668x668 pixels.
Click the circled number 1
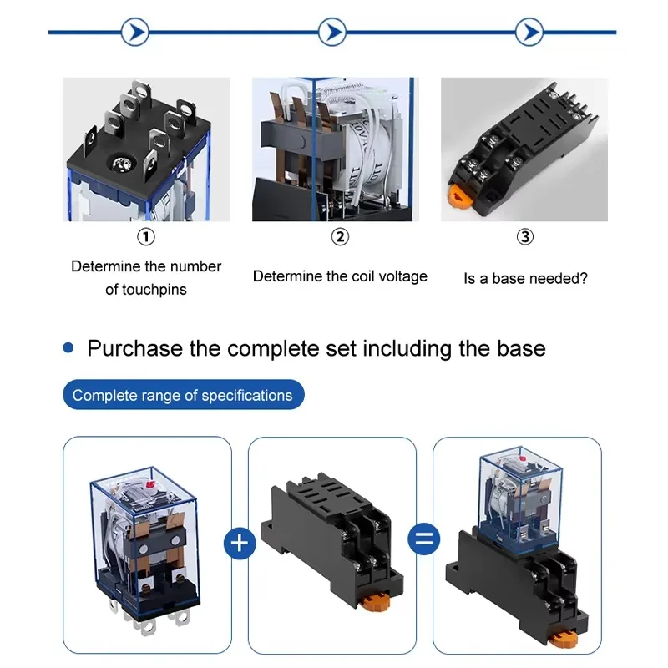tap(146, 237)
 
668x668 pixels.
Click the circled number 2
tap(340, 237)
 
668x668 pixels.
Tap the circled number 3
tap(525, 237)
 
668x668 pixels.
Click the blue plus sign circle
tap(240, 544)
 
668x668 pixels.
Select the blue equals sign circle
tap(424, 539)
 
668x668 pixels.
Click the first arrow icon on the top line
tap(135, 32)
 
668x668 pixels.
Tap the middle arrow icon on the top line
tap(332, 32)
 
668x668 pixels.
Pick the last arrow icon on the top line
tap(529, 32)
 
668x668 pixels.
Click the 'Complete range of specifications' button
tap(184, 395)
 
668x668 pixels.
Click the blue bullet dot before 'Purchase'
tap(68, 347)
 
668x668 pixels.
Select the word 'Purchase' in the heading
tap(135, 348)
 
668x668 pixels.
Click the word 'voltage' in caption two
tap(403, 276)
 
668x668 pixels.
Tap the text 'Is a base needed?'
tap(525, 279)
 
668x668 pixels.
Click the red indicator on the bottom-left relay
tap(149, 484)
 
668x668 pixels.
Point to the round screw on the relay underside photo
tap(124, 164)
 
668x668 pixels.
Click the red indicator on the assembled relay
tap(523, 458)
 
